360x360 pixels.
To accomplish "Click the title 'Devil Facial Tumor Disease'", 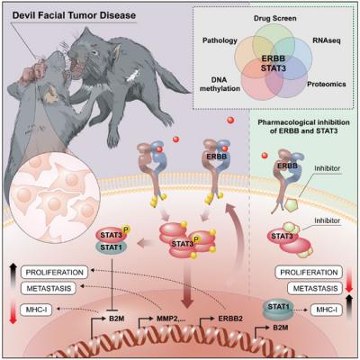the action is click(x=74, y=15).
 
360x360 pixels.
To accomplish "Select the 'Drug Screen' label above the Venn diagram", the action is click(x=274, y=18).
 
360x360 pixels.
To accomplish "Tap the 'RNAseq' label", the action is click(x=327, y=40).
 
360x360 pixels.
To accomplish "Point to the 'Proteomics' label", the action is click(x=327, y=85).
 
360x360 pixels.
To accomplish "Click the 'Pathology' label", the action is click(x=220, y=40).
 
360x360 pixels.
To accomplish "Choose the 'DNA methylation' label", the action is click(x=220, y=85).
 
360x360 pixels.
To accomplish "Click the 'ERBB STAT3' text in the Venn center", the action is click(x=273, y=63).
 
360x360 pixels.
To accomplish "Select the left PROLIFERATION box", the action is click(x=54, y=273).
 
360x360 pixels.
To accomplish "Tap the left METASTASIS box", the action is click(x=49, y=289).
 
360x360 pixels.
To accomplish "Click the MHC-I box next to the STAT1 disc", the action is click(x=326, y=310).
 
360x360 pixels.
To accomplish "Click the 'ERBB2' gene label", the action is click(x=230, y=319).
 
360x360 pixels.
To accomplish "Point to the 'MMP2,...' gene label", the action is click(x=171, y=319).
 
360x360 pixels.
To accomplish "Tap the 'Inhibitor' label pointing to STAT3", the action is click(x=327, y=220).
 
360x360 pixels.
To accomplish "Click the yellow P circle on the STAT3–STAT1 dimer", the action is click(x=126, y=229).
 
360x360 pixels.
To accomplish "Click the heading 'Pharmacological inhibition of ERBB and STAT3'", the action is click(x=303, y=127).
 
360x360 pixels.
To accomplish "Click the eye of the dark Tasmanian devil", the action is click(x=94, y=53).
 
